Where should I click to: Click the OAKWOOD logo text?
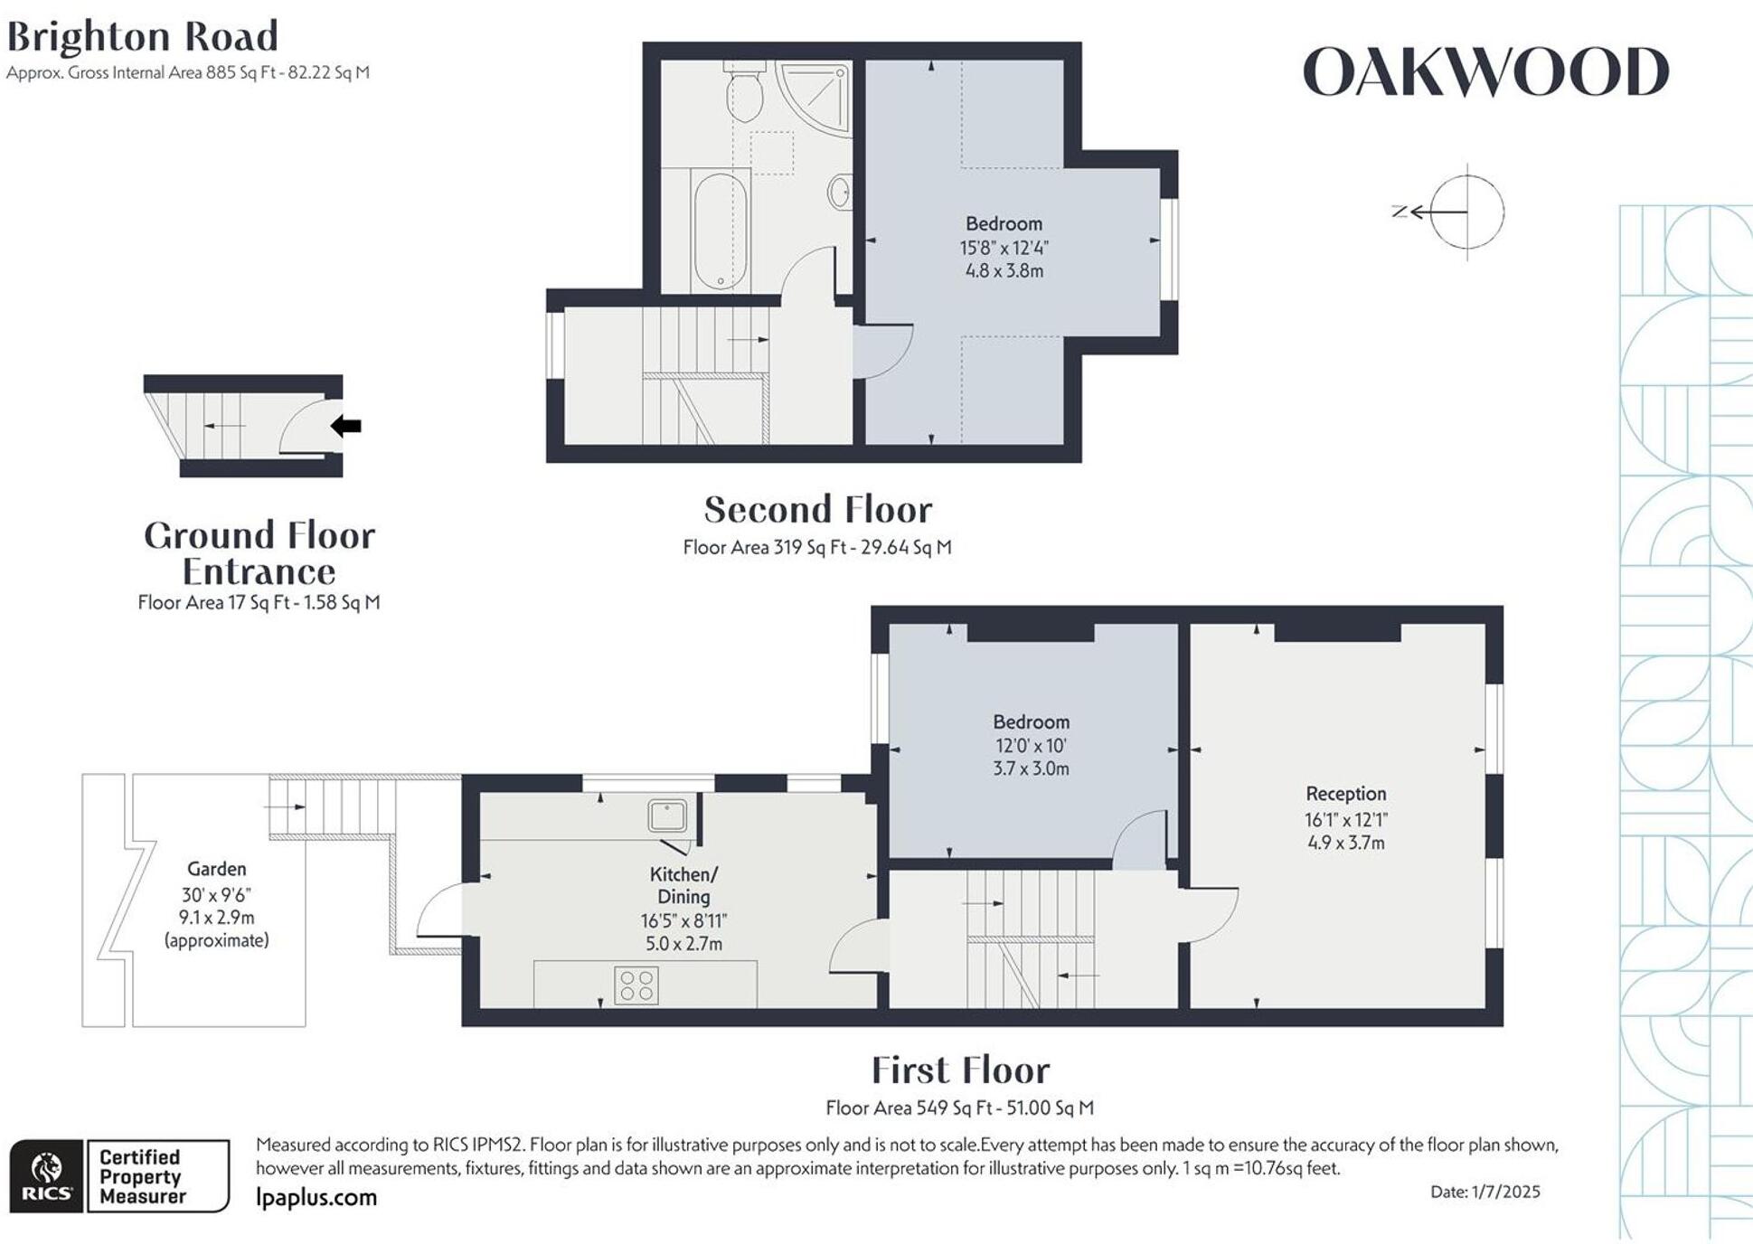(1484, 72)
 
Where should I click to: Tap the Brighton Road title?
(142, 38)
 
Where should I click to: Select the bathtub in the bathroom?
(720, 231)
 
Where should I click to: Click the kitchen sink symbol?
(667, 815)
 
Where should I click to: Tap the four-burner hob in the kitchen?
(636, 985)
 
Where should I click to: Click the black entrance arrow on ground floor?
(346, 426)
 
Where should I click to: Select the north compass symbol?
(1465, 212)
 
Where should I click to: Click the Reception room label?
(1345, 794)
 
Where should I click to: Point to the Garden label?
(216, 869)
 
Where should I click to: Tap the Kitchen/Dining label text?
(683, 885)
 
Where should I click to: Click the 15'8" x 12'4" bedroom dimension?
(1004, 248)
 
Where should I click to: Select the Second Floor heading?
(817, 510)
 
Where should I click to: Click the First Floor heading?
(959, 1070)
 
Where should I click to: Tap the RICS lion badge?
(47, 1175)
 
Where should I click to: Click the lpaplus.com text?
(316, 1198)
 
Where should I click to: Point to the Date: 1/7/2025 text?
(1484, 1192)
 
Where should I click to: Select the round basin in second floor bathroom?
(840, 192)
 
